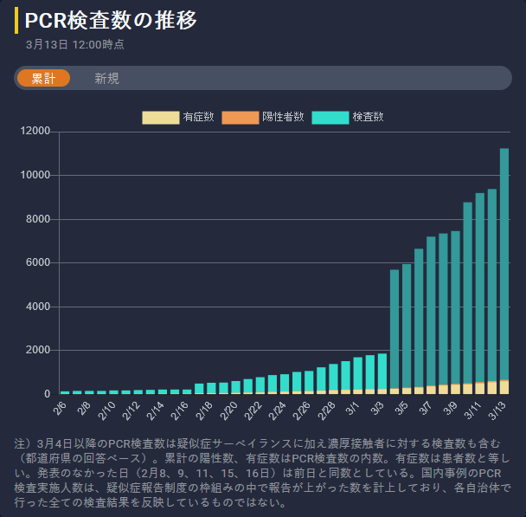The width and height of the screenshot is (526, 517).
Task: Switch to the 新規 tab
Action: click(106, 78)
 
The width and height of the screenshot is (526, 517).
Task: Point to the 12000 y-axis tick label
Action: click(35, 132)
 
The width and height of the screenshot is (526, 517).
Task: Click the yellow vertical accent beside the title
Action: click(16, 21)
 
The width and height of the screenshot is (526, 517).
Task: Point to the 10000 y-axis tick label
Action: click(35, 176)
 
